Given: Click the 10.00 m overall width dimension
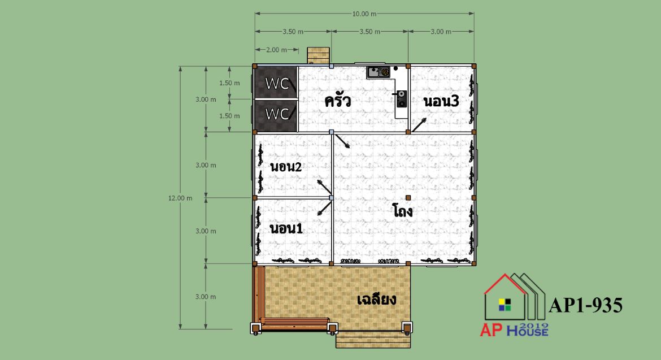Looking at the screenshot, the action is (x=364, y=14).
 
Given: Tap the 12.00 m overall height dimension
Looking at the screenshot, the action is (x=180, y=198).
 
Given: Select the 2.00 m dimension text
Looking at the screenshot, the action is (x=276, y=50).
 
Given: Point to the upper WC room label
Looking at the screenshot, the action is (x=277, y=84).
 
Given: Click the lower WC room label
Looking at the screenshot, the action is (x=277, y=114).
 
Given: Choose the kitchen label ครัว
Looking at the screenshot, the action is (x=338, y=101).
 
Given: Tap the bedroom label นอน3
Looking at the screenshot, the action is (x=441, y=101).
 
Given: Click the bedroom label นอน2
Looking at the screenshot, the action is (x=286, y=167).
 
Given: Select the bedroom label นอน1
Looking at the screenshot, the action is (x=286, y=228).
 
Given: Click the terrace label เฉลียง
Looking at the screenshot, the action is (x=376, y=300).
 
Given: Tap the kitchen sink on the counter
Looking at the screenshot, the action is (x=373, y=72).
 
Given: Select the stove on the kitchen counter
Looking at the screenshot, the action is (x=402, y=99).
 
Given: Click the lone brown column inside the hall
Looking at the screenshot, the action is (x=408, y=198).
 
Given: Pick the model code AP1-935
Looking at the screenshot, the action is (x=585, y=305).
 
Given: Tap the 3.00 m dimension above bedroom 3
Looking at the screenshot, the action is (x=441, y=32).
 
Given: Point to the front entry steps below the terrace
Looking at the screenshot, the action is (x=373, y=340).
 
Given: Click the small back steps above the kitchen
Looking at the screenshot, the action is (x=318, y=56).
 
